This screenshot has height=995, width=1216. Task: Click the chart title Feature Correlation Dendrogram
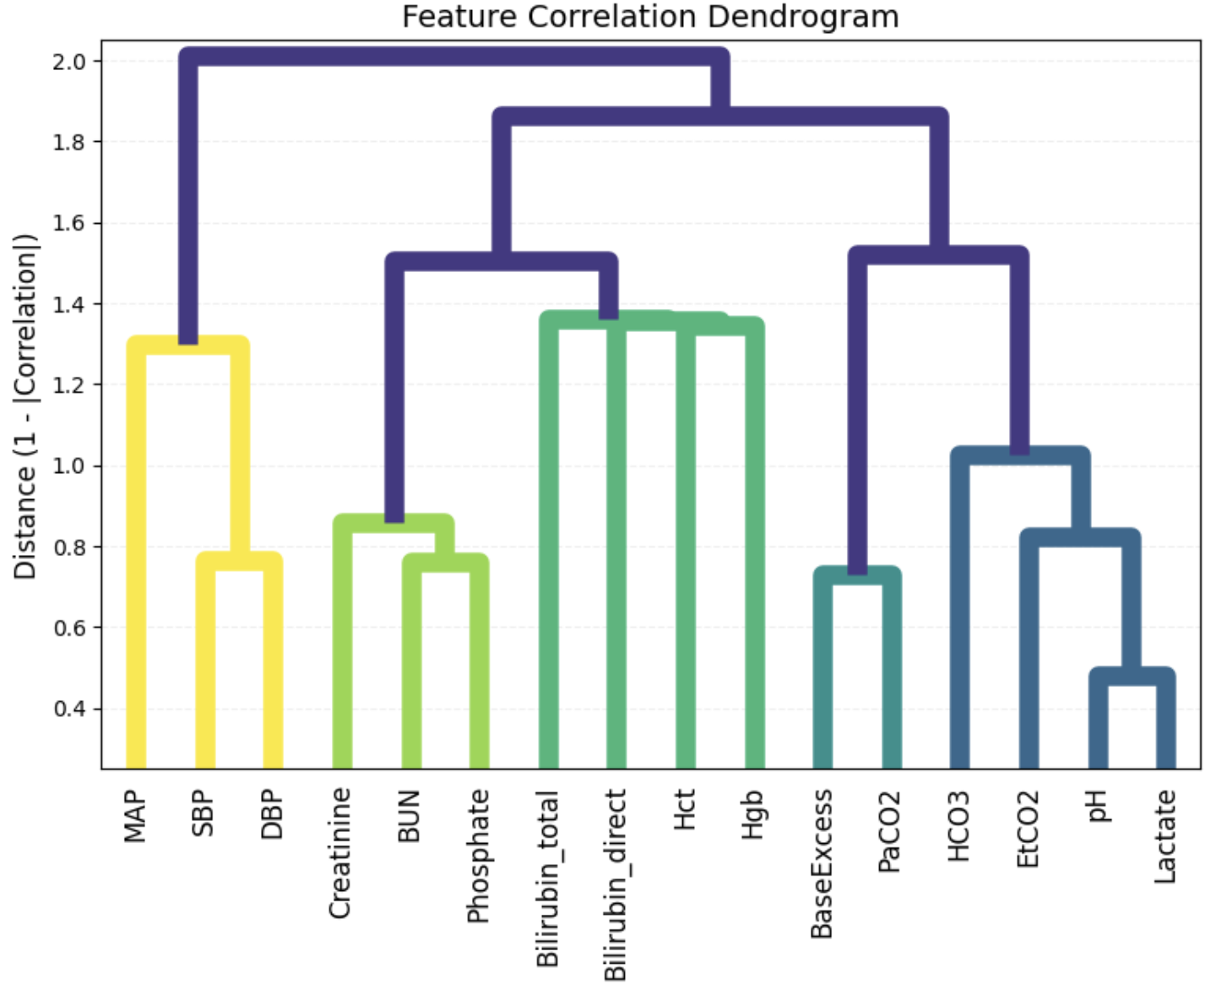pos(649,16)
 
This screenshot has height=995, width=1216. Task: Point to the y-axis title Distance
pos(25,406)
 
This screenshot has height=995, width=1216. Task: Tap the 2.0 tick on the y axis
pos(68,62)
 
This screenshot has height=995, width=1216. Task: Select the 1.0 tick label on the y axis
pos(68,465)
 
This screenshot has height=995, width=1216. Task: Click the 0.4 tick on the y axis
pos(68,709)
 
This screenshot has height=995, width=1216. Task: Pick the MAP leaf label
pos(135,817)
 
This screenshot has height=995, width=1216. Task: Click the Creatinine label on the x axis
pos(339,853)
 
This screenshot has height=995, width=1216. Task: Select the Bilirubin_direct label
pos(616,885)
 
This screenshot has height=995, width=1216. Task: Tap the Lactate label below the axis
pos(1164,837)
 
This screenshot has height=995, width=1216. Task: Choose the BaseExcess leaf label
pos(821,864)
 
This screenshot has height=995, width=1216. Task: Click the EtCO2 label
pos(1027,829)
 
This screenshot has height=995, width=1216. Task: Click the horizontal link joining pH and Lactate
pos(1132,676)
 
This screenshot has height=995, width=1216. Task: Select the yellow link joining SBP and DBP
pos(239,561)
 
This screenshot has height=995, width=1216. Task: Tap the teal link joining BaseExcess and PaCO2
pos(857,574)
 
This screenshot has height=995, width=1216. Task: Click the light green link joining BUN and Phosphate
pos(445,563)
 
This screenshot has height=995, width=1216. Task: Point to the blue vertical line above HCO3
pos(959,608)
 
